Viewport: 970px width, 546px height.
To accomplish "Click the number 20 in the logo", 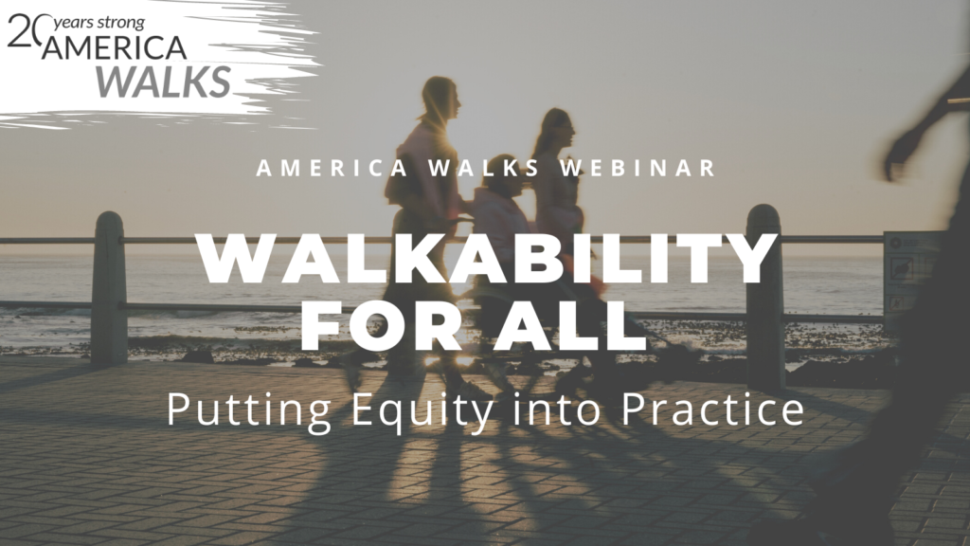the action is (25, 31).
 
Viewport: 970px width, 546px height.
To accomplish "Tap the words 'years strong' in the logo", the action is (99, 24).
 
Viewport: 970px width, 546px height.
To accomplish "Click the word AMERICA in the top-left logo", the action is (114, 48).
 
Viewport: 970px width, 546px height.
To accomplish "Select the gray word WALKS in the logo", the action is (163, 82).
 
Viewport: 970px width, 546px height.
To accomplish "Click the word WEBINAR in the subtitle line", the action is (638, 168).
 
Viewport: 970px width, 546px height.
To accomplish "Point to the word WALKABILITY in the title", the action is (487, 258).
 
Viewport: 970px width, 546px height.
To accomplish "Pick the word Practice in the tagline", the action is (712, 409).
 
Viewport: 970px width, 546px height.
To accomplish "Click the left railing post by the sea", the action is (110, 288).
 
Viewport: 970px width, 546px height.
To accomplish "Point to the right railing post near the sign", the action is (764, 297).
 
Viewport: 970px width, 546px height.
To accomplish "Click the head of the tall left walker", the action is (440, 99).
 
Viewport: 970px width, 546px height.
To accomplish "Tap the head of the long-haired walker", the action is (557, 127).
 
